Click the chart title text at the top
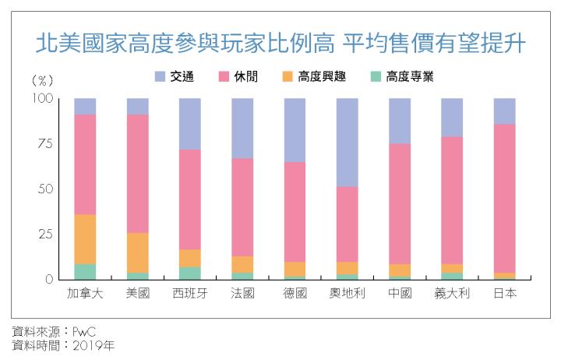point(280,43)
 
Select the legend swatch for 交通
point(160,76)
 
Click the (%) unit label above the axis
point(42,80)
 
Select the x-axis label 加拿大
point(85,293)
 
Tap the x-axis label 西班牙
point(190,293)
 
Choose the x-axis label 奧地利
point(348,293)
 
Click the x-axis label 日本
point(505,293)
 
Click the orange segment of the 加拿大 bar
point(85,239)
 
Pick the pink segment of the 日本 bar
point(505,198)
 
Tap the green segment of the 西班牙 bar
point(190,273)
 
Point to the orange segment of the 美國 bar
point(137,252)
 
